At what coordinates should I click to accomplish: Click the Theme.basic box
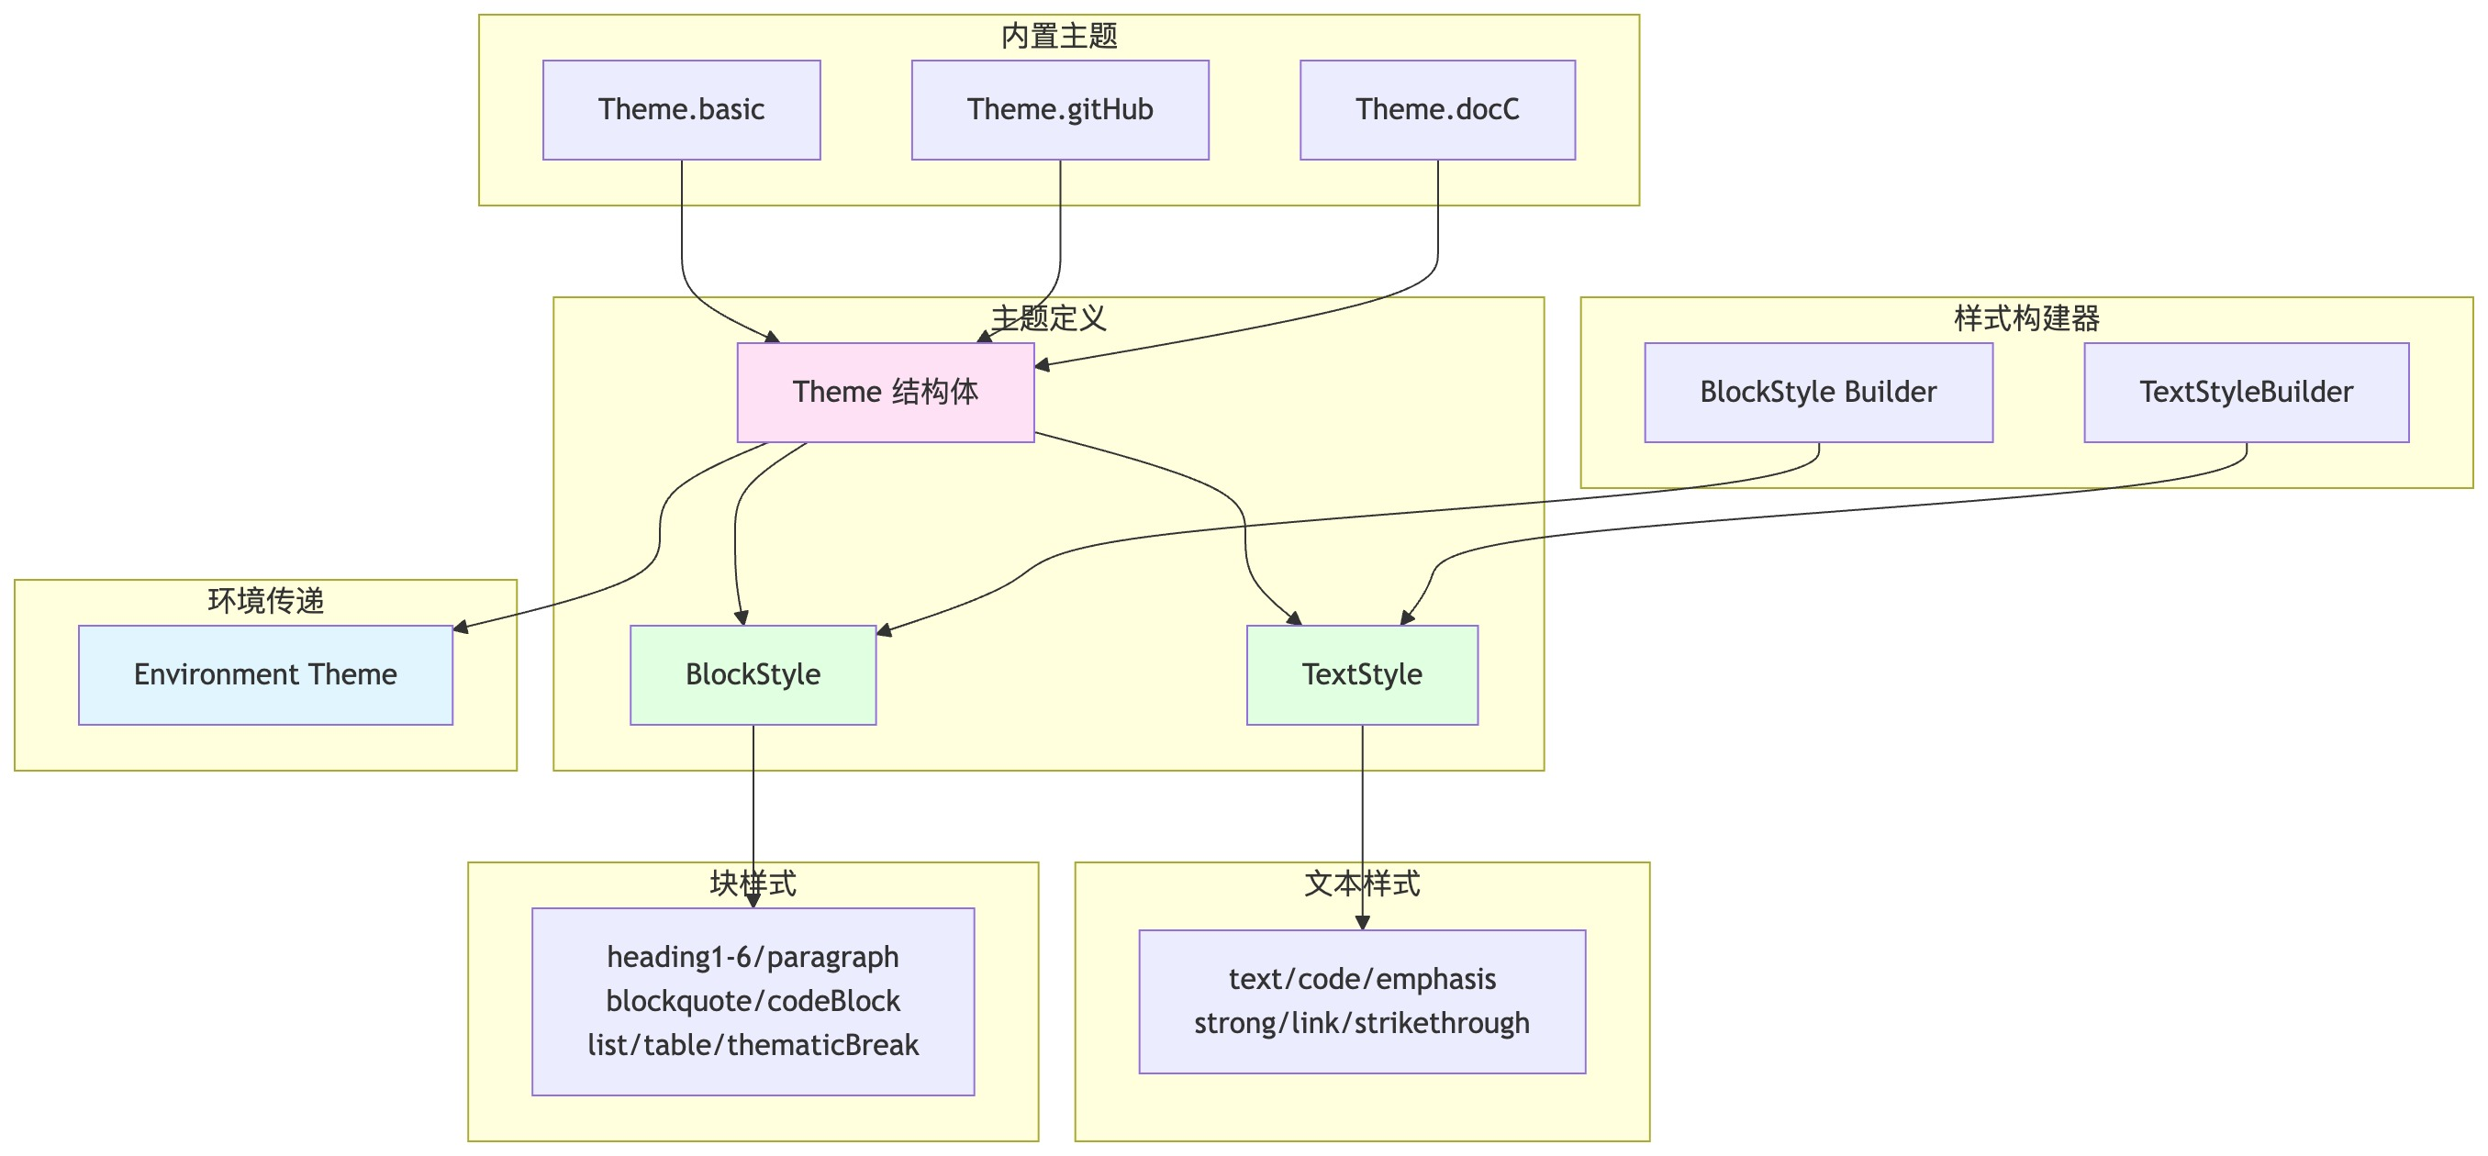[681, 110]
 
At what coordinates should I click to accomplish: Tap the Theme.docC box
[1437, 110]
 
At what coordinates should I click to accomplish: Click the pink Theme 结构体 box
[885, 392]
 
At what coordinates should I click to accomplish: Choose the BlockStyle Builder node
[1818, 392]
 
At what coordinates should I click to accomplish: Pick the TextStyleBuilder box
[2246, 392]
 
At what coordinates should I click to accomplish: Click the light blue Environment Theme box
[264, 674]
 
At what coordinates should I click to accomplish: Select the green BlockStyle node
[753, 674]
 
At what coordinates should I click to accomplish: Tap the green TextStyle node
[1362, 674]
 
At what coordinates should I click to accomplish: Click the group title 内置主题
[1058, 36]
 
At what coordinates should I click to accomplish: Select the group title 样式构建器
[2026, 317]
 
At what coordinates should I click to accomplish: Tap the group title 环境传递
[264, 601]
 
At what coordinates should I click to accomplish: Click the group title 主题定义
[1048, 317]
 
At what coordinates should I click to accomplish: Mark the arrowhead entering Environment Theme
[461, 628]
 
